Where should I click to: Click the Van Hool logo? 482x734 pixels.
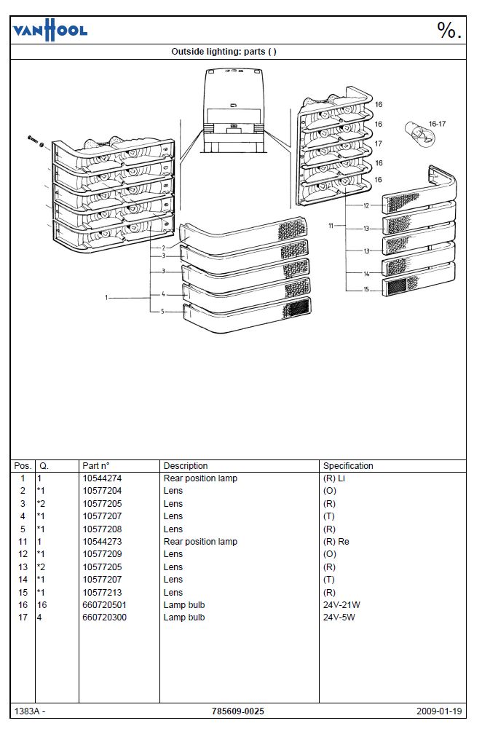tap(50, 31)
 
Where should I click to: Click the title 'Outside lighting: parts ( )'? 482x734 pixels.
tap(224, 52)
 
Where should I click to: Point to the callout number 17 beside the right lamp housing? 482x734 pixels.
tap(378, 143)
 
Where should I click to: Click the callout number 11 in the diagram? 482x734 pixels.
tap(331, 226)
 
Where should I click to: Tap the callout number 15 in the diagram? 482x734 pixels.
tap(366, 289)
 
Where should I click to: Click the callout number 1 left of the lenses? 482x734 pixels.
tap(106, 297)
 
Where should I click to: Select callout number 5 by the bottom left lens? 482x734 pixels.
tap(163, 312)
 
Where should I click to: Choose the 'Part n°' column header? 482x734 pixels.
tap(96, 466)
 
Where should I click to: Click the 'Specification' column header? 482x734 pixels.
tap(348, 466)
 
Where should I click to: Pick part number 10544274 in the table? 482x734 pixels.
tap(102, 478)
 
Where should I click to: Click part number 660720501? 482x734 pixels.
tap(104, 605)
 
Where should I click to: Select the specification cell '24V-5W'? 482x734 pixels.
tap(339, 617)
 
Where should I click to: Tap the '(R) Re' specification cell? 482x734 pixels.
tap(336, 542)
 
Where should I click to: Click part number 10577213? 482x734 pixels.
tap(102, 592)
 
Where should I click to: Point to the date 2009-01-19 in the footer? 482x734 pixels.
tap(439, 711)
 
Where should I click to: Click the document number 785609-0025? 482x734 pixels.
tap(238, 711)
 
